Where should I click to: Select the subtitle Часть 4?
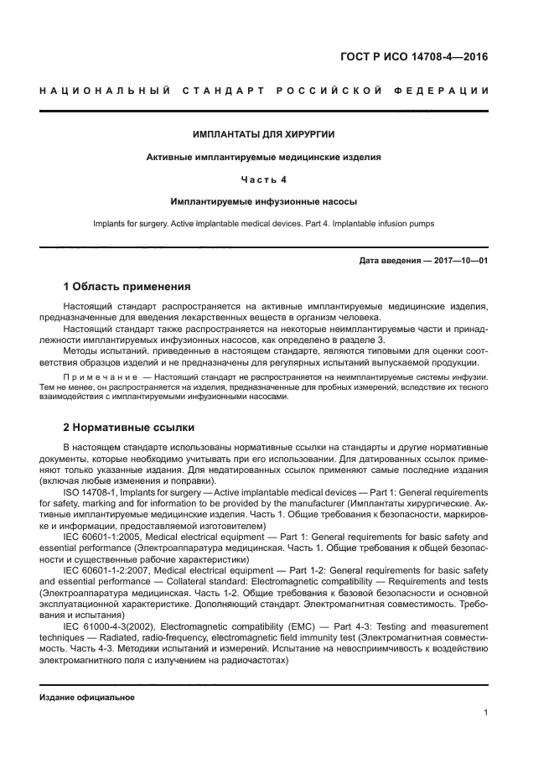coord(264,179)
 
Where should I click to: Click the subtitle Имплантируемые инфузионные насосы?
coord(264,201)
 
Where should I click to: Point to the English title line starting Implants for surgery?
coord(264,224)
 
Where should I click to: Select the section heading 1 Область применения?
coord(127,286)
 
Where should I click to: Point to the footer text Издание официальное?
coord(87,697)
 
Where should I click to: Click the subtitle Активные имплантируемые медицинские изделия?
coord(264,157)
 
